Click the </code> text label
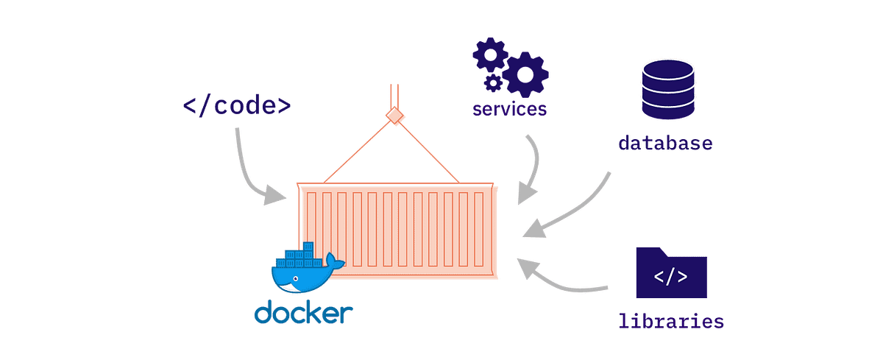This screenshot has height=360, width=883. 237,106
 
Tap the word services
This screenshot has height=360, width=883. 510,110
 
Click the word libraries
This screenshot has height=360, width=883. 670,321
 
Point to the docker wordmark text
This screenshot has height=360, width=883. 302,312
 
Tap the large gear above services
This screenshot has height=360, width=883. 528,74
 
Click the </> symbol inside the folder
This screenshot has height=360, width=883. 671,278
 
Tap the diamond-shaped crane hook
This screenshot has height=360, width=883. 397,116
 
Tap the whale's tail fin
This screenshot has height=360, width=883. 335,261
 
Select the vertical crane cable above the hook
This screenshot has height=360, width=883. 395,96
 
